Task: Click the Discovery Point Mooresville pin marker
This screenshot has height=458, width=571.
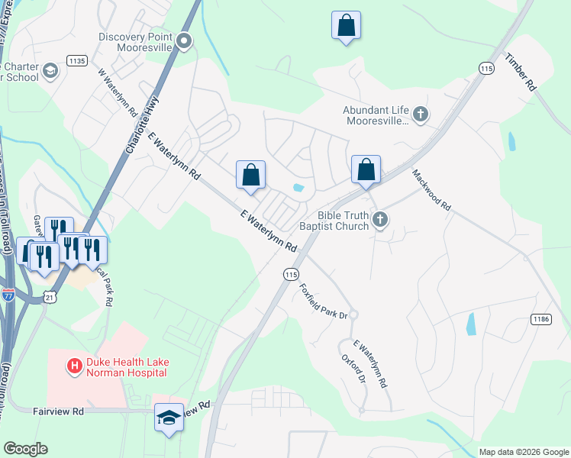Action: [183, 41]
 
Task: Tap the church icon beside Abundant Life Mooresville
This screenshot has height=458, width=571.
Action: [420, 114]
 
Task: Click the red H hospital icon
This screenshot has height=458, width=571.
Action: [75, 366]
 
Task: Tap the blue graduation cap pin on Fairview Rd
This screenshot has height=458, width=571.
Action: [169, 418]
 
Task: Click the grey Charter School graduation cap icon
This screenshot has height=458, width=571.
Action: [50, 71]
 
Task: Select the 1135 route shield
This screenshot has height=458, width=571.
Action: [77, 60]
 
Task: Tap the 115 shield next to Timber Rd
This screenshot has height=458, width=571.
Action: [487, 69]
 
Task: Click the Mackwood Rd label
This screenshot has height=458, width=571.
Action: [432, 190]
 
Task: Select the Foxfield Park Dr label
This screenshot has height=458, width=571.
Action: [323, 302]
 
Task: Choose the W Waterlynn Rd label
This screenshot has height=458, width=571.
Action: [118, 92]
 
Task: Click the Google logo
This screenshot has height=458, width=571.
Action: [25, 449]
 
